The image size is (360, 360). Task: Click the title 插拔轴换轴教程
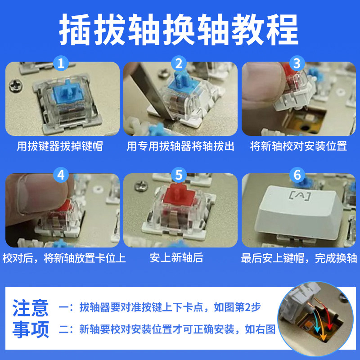click(x=179, y=29)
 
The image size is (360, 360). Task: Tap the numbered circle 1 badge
click(x=61, y=63)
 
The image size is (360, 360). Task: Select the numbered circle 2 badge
click(x=179, y=63)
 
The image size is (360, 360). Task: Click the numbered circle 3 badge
click(x=297, y=63)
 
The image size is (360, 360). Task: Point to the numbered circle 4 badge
click(x=61, y=175)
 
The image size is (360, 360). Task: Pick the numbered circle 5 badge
click(x=179, y=175)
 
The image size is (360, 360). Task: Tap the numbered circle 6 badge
click(x=297, y=175)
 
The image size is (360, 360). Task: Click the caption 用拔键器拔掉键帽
click(x=60, y=146)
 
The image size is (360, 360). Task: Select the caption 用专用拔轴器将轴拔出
click(x=180, y=146)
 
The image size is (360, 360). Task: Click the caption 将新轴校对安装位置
click(x=298, y=146)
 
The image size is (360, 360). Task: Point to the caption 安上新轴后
click(x=176, y=257)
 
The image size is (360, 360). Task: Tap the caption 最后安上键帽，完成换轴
click(x=299, y=258)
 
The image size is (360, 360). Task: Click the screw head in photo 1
click(x=16, y=85)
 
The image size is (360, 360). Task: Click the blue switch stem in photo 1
click(x=68, y=89)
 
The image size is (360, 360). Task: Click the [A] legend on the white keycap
click(x=300, y=196)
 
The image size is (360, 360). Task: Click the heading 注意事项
click(x=31, y=319)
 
